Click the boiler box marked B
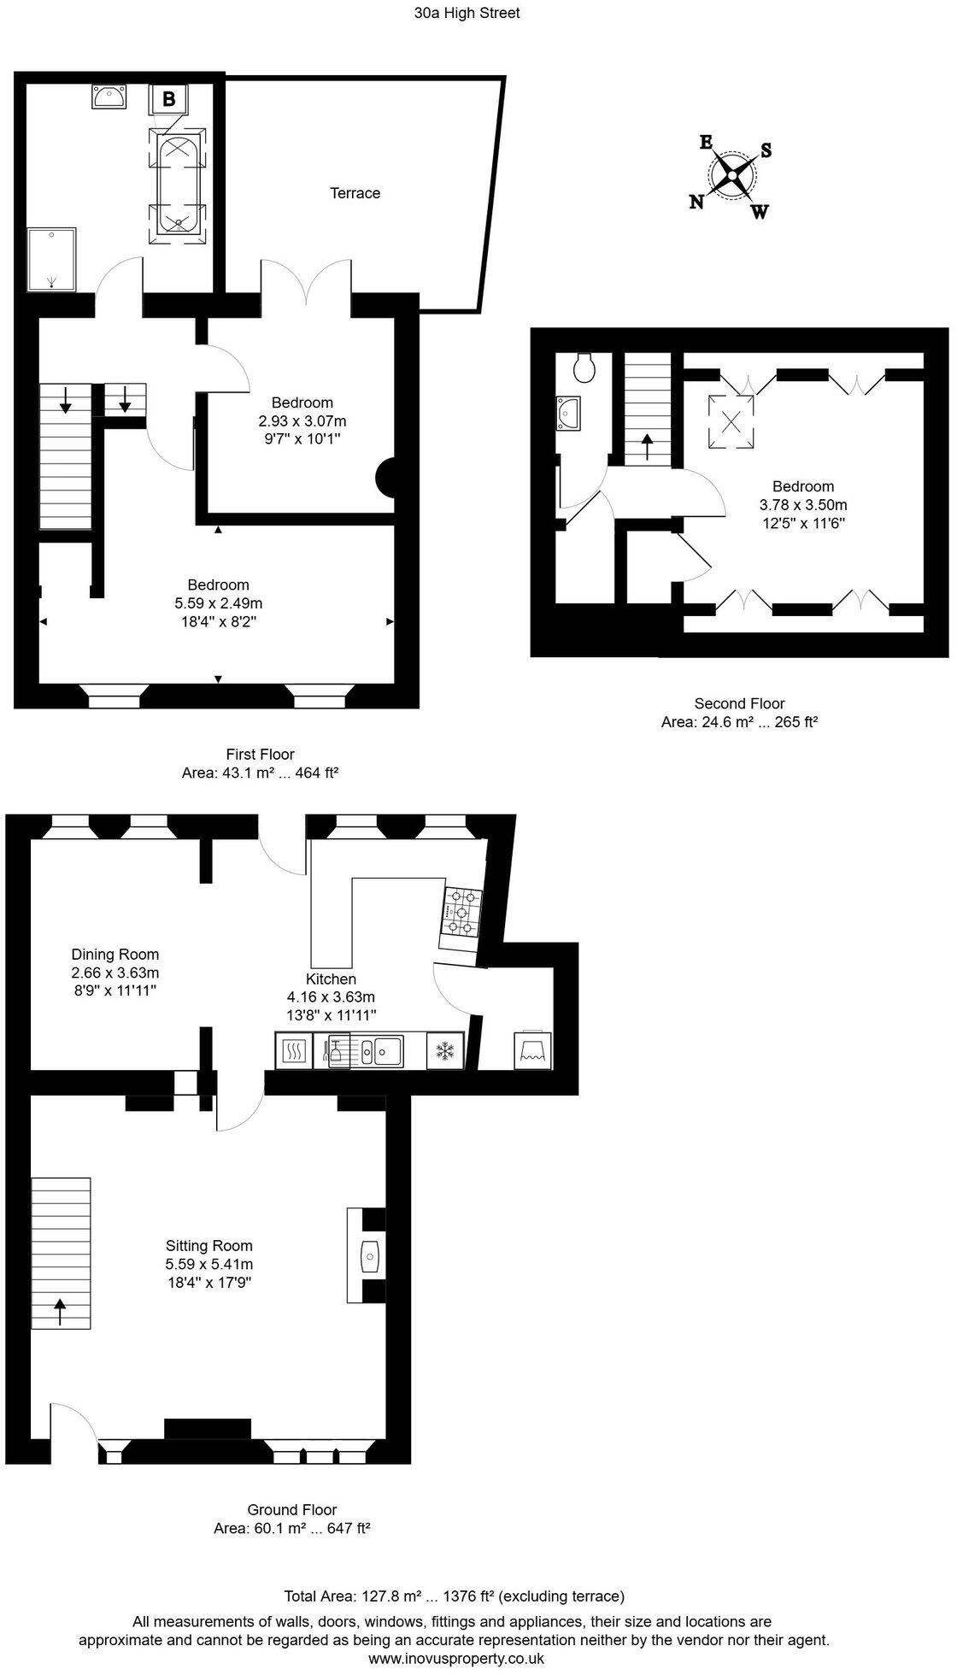pyautogui.click(x=169, y=99)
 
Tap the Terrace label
pyautogui.click(x=355, y=193)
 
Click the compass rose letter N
pyautogui.click(x=697, y=202)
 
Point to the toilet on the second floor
pyautogui.click(x=585, y=368)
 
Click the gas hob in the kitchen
pyautogui.click(x=461, y=913)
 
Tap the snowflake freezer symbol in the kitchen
pyautogui.click(x=444, y=1050)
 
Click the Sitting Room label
pyautogui.click(x=209, y=1246)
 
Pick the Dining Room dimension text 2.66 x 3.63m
pyautogui.click(x=114, y=973)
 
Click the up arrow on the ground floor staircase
pyautogui.click(x=61, y=1311)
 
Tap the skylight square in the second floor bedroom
pyautogui.click(x=731, y=421)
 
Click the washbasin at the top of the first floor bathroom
pyautogui.click(x=109, y=97)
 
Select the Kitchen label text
pyautogui.click(x=331, y=979)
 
